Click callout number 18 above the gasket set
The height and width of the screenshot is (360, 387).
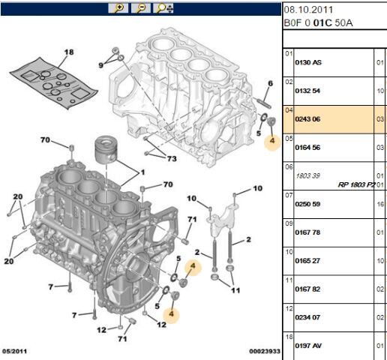(x=69, y=52)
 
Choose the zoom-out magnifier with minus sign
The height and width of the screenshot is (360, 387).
(x=139, y=8)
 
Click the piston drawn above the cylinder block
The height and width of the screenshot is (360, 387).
(x=106, y=152)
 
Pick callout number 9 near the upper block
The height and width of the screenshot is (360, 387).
(x=101, y=66)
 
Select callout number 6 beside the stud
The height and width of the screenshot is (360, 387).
(x=270, y=82)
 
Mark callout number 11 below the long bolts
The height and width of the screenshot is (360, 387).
(x=235, y=289)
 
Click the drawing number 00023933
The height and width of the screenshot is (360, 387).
(x=264, y=351)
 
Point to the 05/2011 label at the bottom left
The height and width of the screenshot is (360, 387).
(x=16, y=351)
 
